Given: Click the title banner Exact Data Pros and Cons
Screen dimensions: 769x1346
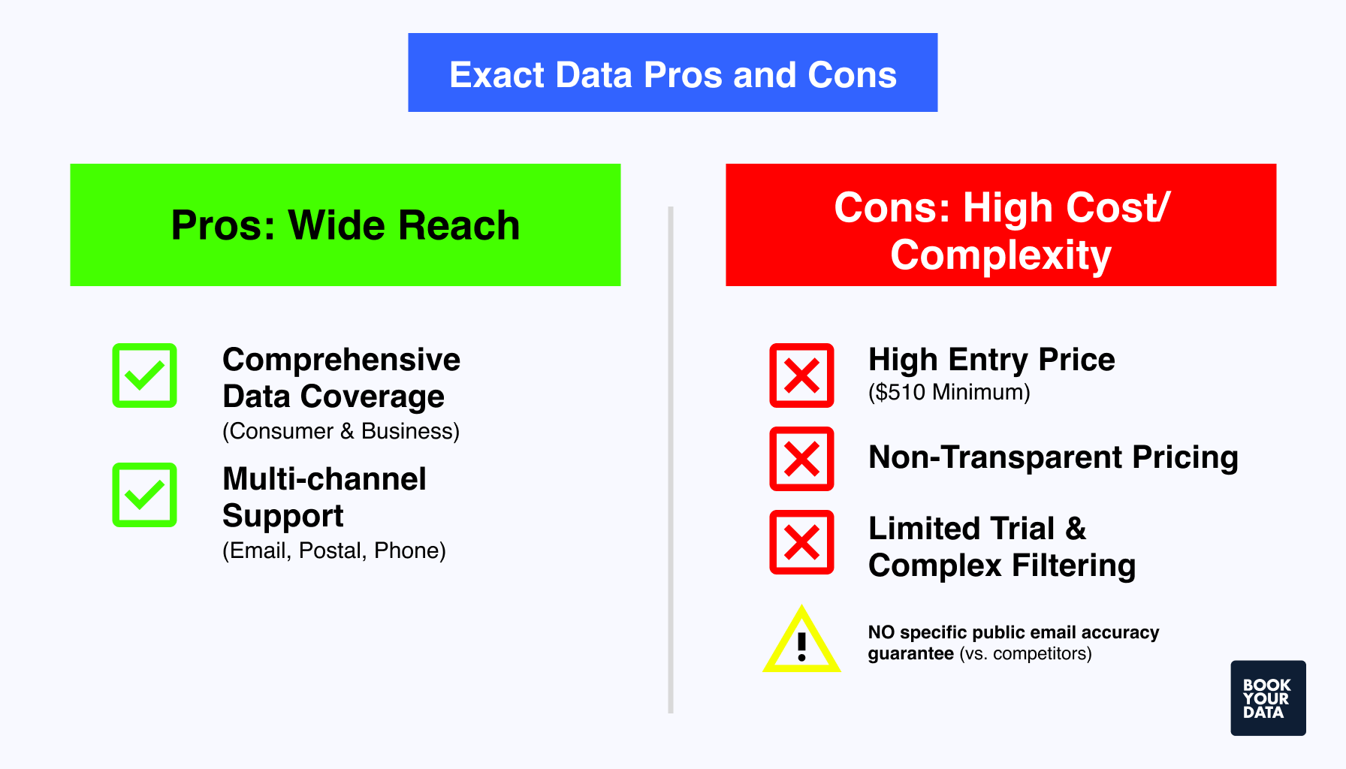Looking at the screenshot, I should pyautogui.click(x=672, y=73).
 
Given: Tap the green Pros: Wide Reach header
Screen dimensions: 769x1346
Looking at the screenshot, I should pyautogui.click(x=346, y=225).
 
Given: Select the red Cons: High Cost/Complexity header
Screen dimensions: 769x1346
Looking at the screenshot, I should pyautogui.click(x=1000, y=225).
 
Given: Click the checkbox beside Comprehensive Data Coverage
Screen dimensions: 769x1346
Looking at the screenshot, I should pyautogui.click(x=144, y=375).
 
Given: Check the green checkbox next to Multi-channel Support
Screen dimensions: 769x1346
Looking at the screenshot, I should pyautogui.click(x=144, y=495).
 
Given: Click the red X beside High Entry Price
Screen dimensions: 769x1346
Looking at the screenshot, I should pyautogui.click(x=801, y=375).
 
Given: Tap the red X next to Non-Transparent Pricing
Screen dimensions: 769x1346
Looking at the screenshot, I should pyautogui.click(x=801, y=459).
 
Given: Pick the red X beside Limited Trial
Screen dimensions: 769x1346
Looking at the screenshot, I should pyautogui.click(x=801, y=542).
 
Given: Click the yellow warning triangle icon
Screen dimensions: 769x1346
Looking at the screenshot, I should pyautogui.click(x=801, y=643).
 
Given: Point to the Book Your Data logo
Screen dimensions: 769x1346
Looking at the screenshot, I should pyautogui.click(x=1268, y=698).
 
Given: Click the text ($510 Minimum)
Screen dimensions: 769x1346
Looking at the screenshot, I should pyautogui.click(x=949, y=392).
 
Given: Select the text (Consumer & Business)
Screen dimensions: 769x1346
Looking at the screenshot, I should pyautogui.click(x=341, y=431).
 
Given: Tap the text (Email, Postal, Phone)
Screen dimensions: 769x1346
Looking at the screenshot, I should pyautogui.click(x=334, y=550).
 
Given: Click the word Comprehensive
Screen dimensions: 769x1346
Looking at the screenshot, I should pyautogui.click(x=341, y=360).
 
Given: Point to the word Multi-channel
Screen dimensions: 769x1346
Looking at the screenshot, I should pyautogui.click(x=324, y=479).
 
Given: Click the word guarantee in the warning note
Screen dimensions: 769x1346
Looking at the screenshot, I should pyautogui.click(x=910, y=653).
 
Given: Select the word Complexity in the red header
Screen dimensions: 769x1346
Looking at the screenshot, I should pyautogui.click(x=1000, y=255).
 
